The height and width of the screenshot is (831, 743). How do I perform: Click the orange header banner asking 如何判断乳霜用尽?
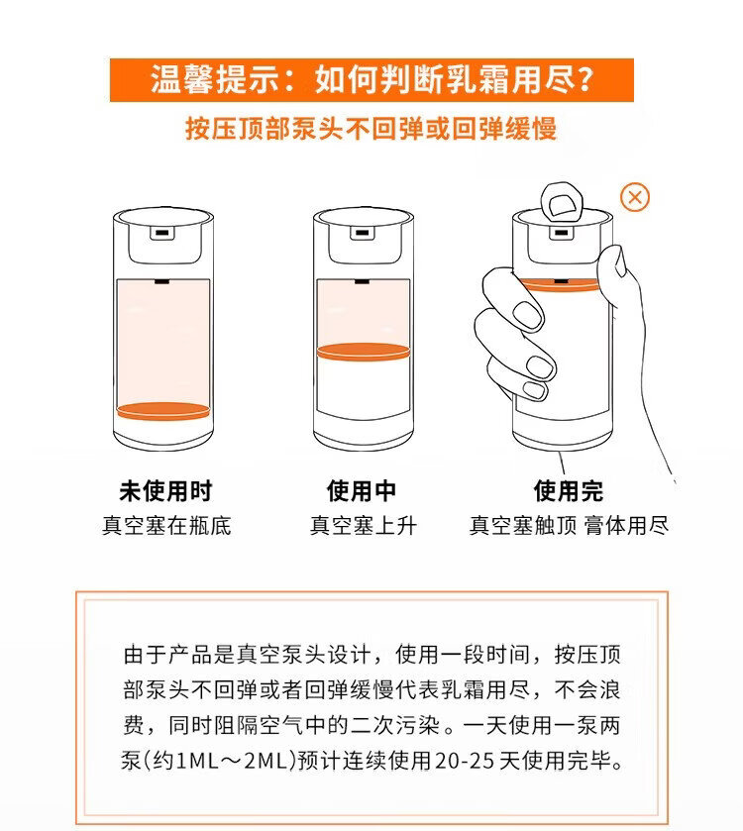(371, 80)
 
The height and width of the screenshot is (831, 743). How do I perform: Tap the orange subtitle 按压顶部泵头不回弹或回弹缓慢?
(371, 129)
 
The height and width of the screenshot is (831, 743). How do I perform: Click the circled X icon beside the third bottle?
(635, 198)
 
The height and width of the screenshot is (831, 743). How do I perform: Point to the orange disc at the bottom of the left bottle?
(163, 411)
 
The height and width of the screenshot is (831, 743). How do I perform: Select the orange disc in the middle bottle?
(363, 352)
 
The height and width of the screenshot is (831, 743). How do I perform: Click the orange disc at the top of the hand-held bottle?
(560, 285)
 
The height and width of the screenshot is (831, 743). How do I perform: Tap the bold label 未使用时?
(165, 491)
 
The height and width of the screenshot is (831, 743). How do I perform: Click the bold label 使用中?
(362, 491)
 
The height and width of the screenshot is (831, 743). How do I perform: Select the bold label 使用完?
(568, 491)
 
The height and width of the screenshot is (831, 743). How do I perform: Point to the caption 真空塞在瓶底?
(166, 526)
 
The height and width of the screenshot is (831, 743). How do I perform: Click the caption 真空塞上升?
(363, 526)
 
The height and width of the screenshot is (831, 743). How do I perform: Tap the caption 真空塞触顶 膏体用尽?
(569, 526)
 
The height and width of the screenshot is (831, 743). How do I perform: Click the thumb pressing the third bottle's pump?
(562, 202)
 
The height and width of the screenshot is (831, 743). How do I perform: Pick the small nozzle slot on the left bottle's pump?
(162, 233)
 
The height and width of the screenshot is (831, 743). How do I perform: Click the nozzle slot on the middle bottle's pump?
(362, 233)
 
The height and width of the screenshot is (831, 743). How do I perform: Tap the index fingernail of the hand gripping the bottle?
(528, 315)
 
